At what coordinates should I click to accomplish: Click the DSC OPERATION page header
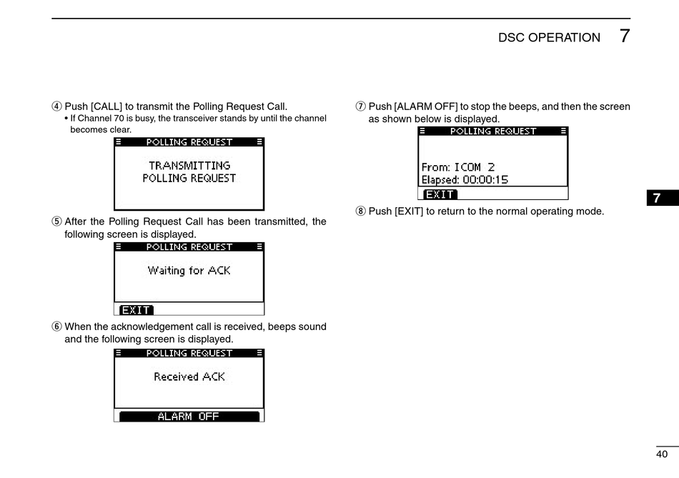click(x=549, y=38)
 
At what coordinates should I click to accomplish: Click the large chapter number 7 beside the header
click(x=625, y=36)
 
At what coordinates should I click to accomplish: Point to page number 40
click(x=662, y=454)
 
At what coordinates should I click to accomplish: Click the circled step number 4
click(x=56, y=106)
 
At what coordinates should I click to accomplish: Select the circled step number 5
click(x=56, y=221)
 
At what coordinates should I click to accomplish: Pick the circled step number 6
click(x=56, y=327)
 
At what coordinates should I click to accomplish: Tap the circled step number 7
click(x=360, y=106)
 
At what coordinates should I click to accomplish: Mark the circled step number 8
click(x=360, y=211)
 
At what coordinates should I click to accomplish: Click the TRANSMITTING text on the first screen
click(x=189, y=165)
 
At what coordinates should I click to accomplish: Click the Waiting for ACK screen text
click(x=189, y=270)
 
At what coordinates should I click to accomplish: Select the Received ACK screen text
click(x=189, y=377)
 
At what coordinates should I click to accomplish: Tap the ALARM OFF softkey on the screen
click(x=189, y=417)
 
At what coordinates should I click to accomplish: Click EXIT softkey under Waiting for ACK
click(x=136, y=310)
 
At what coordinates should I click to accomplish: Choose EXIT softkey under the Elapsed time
click(x=440, y=194)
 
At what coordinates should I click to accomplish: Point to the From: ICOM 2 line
click(x=458, y=167)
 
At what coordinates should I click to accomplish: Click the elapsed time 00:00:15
click(x=485, y=180)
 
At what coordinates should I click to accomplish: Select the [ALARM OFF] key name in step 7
click(x=426, y=106)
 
